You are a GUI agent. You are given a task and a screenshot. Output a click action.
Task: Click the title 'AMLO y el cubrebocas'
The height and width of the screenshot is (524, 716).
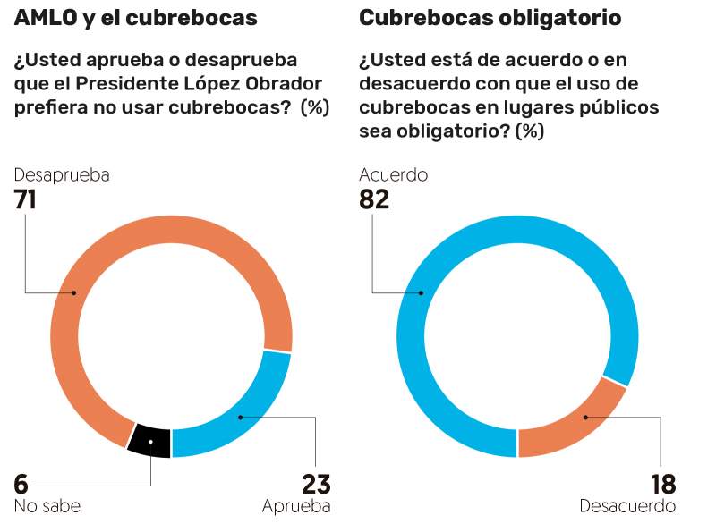point(135,18)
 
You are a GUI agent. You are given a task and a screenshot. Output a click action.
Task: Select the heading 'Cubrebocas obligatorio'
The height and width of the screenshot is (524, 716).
point(490,18)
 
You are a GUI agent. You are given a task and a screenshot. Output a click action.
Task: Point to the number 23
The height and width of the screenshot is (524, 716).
point(316,484)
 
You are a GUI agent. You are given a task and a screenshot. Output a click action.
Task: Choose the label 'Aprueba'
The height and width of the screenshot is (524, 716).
point(296,506)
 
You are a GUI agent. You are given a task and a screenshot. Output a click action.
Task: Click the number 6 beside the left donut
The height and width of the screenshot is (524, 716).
point(21,484)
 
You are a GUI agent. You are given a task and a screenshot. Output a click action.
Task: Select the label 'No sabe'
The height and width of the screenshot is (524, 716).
point(47,506)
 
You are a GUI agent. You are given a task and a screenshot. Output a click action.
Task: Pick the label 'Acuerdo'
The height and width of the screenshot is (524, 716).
point(393,175)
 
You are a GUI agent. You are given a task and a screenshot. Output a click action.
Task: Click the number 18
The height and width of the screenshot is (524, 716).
point(662,484)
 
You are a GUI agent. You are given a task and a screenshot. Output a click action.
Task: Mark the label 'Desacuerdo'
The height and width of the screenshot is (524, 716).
point(627,506)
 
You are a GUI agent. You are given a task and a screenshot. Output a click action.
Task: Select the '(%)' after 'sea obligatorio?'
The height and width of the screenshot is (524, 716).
point(530,131)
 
